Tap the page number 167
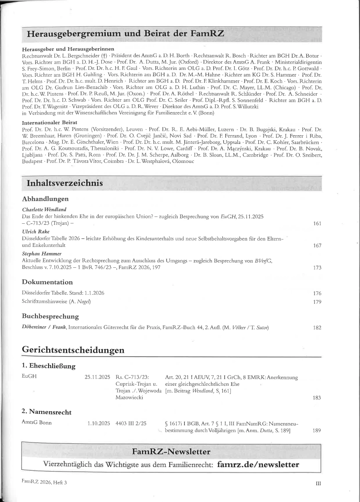coord(317,246)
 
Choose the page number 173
coord(317,268)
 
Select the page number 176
coord(317,293)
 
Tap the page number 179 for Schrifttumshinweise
coord(317,301)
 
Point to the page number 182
coord(317,327)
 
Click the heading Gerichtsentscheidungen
coord(73,350)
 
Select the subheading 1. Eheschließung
coord(49,366)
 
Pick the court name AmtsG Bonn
coord(37,423)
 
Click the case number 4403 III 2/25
coord(131,423)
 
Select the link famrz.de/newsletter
coord(258,464)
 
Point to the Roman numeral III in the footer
coord(318,483)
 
